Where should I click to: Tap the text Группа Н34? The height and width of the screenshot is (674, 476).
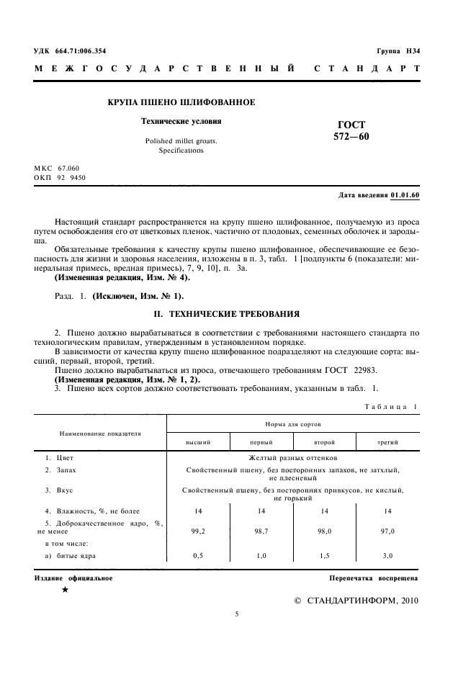pos(398,50)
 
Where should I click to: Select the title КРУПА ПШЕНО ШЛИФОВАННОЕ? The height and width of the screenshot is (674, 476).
pos(181,103)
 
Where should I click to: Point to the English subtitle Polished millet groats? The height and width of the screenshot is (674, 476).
pos(181,141)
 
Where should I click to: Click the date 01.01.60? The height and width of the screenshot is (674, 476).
pos(405,195)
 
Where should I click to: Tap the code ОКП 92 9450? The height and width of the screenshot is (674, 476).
pos(60,176)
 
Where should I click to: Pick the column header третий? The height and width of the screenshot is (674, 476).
pos(387,441)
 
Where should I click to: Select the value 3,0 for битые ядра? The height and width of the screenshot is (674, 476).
pos(387,557)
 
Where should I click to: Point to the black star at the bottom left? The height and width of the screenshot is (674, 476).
pos(66,590)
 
